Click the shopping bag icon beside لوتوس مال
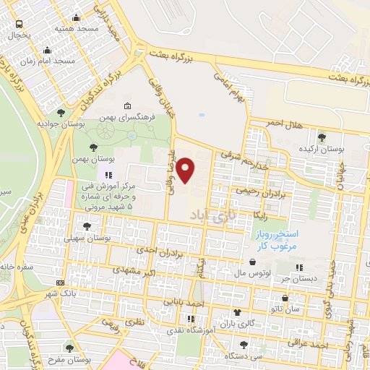pos(252,262)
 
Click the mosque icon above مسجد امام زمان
pos(48,50)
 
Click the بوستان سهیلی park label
pos(87,238)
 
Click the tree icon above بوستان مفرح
pos(69,349)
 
